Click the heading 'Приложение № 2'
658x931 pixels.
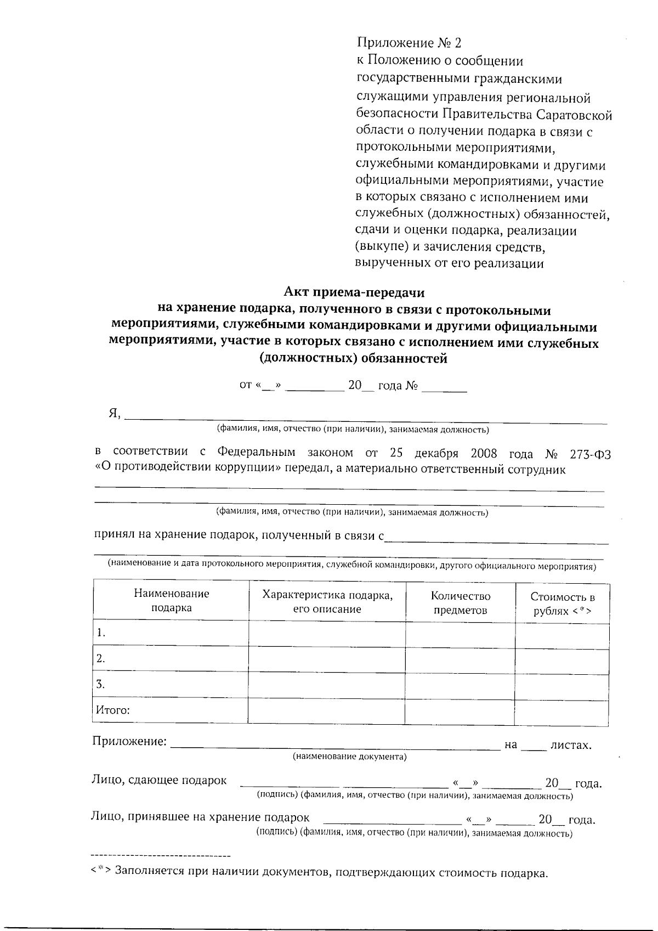[409, 43]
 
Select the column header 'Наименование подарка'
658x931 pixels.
[171, 601]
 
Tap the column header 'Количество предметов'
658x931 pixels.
[460, 603]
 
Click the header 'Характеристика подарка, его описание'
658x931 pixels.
[327, 602]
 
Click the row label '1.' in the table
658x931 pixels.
[101, 633]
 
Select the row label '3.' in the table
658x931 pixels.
[101, 684]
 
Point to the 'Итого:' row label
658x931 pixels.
[113, 710]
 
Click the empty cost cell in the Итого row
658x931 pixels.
[561, 712]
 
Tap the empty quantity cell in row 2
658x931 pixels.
[460, 660]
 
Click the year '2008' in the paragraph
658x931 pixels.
[484, 454]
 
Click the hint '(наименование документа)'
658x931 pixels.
[349, 757]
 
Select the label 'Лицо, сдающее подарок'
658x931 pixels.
[159, 780]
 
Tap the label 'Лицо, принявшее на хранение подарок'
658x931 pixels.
[200, 817]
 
